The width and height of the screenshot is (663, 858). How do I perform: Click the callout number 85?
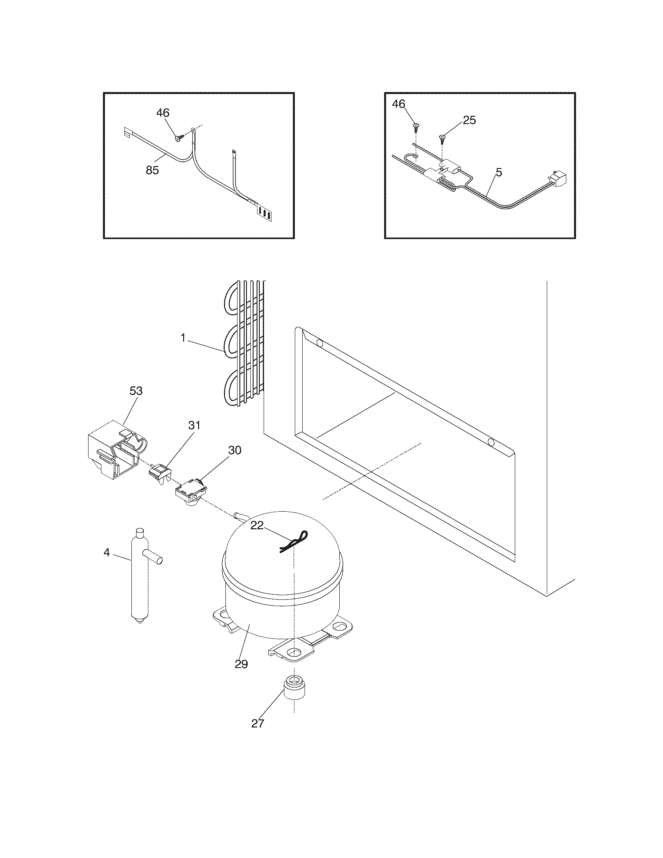click(152, 170)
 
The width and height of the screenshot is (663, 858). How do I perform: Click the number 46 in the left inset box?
click(163, 113)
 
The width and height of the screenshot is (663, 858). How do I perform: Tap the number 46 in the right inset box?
click(399, 104)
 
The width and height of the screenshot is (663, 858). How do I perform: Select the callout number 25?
click(469, 120)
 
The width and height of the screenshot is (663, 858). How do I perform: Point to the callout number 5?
click(499, 172)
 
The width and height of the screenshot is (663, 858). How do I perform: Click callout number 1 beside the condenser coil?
click(183, 338)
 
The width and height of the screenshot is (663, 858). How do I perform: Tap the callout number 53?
click(136, 391)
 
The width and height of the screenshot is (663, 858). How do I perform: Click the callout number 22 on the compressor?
click(257, 525)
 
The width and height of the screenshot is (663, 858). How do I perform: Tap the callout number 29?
click(241, 664)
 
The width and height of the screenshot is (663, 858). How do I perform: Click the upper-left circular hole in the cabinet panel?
click(320, 343)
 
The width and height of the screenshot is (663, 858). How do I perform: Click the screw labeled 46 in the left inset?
click(181, 138)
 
